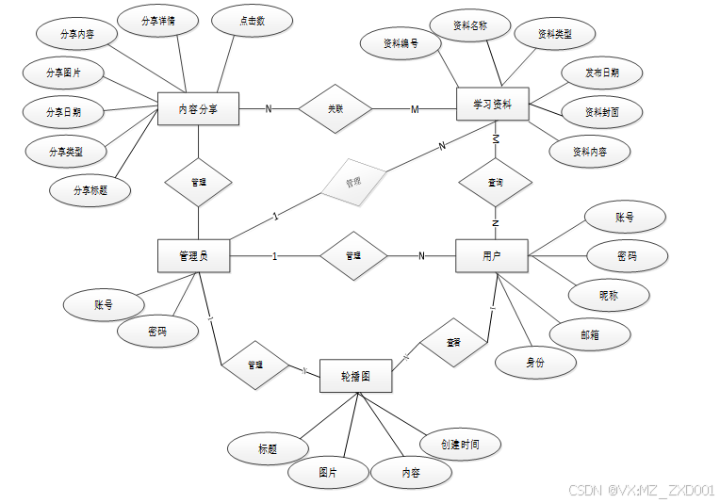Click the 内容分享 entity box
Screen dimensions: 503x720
point(198,109)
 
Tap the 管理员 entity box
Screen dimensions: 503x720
point(193,255)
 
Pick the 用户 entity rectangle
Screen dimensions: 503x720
point(492,255)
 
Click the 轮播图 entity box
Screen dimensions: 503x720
point(354,376)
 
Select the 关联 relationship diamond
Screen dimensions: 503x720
point(335,109)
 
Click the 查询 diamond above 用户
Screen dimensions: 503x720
point(496,182)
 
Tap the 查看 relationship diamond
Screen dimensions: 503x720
point(454,343)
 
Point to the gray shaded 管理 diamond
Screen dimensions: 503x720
point(352,181)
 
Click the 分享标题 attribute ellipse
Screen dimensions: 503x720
point(90,189)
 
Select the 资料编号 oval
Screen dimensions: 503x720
point(401,43)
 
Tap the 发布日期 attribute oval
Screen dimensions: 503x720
point(601,72)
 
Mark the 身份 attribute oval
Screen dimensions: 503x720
point(535,362)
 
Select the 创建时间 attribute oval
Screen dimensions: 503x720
point(460,444)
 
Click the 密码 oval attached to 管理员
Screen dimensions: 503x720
point(158,332)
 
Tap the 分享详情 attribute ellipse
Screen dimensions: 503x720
point(156,20)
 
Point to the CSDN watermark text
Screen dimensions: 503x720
point(641,491)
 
